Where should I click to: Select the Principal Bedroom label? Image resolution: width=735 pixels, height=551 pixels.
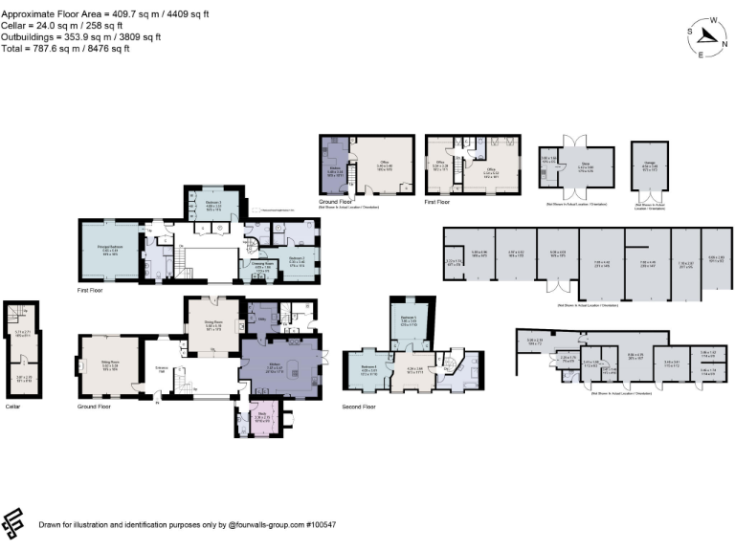(x=107, y=253)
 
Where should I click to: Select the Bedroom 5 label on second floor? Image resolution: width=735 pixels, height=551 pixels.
(x=408, y=320)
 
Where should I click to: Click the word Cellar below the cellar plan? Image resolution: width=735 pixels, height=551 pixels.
(x=12, y=408)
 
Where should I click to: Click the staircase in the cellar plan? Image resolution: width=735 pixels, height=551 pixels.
(x=14, y=313)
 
